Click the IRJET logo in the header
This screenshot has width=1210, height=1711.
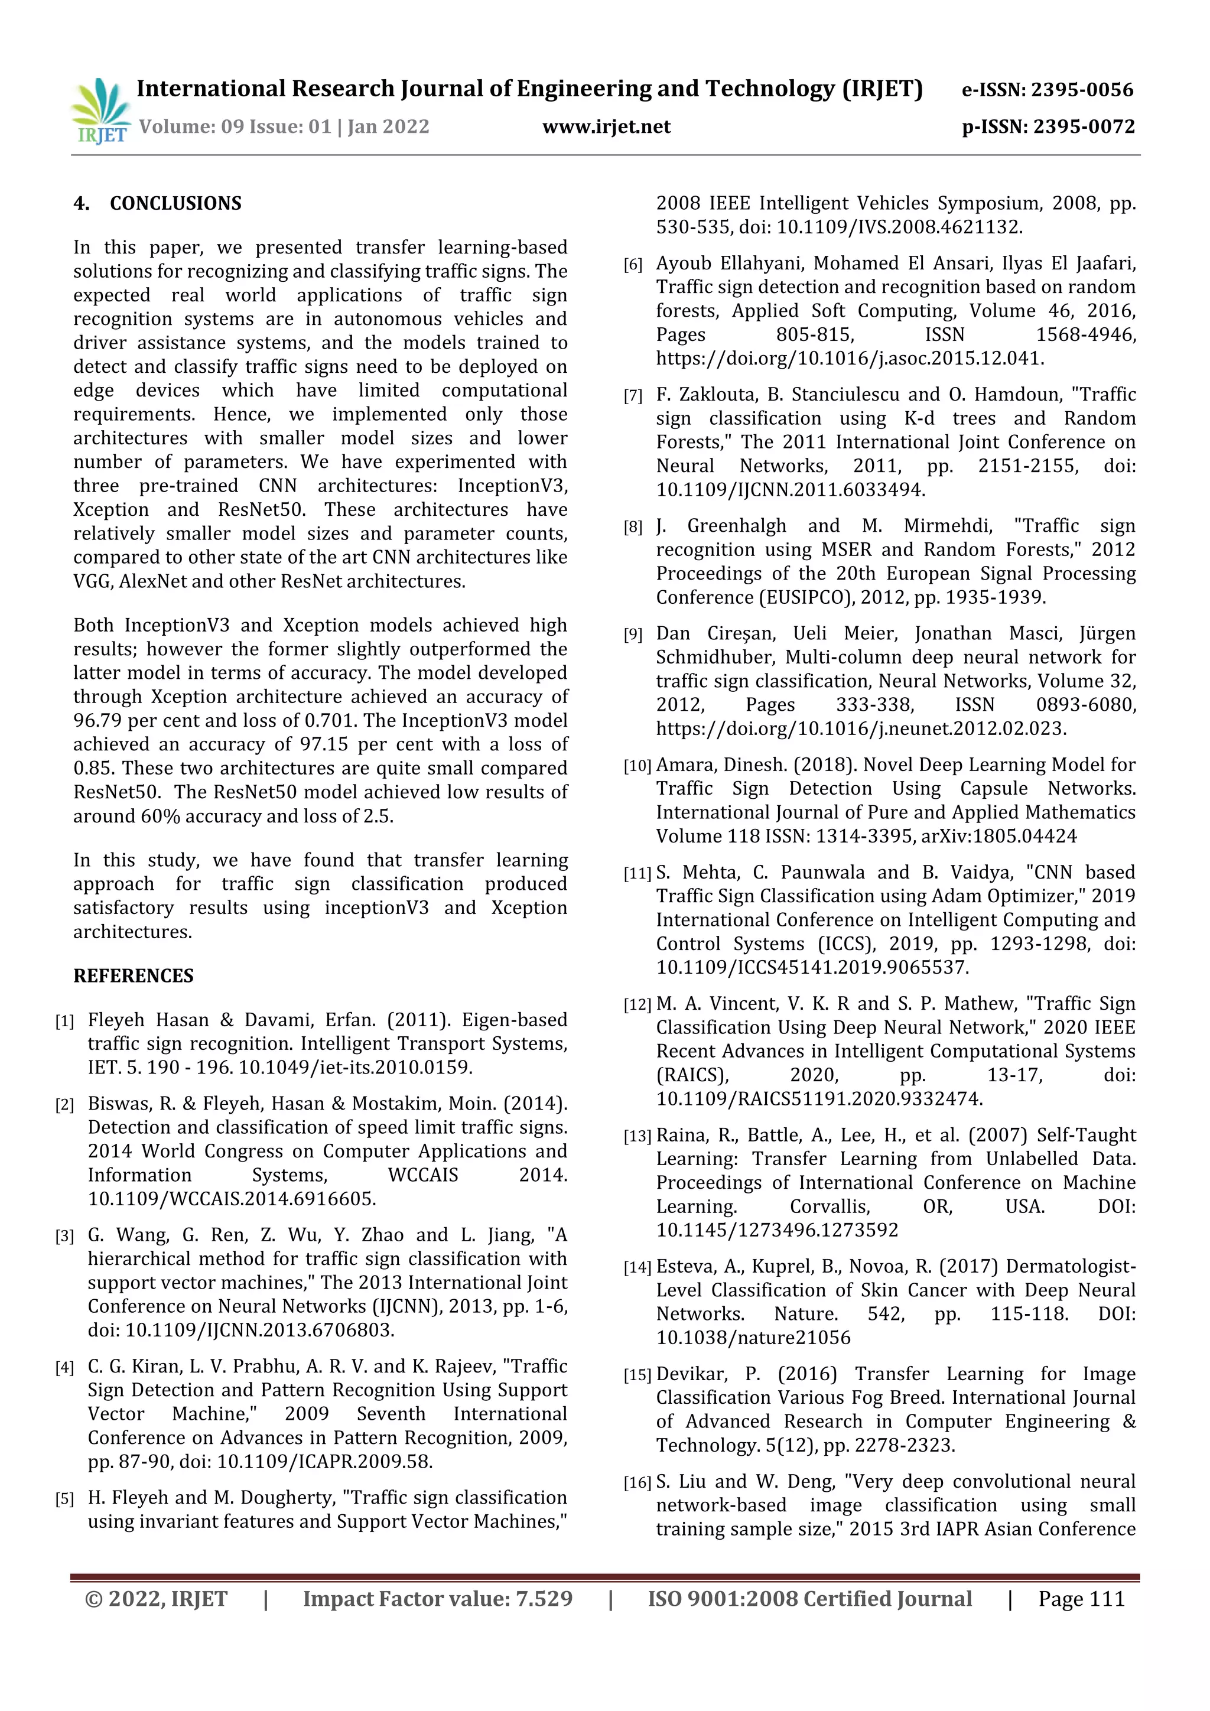pyautogui.click(x=100, y=112)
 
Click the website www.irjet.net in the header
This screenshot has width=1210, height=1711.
pyautogui.click(x=607, y=126)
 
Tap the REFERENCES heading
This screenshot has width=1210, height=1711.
pyautogui.click(x=134, y=976)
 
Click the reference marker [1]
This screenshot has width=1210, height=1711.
pyautogui.click(x=65, y=1021)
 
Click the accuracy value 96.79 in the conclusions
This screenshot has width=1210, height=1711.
pyautogui.click(x=97, y=721)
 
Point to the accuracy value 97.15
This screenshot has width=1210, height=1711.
pyautogui.click(x=325, y=744)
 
